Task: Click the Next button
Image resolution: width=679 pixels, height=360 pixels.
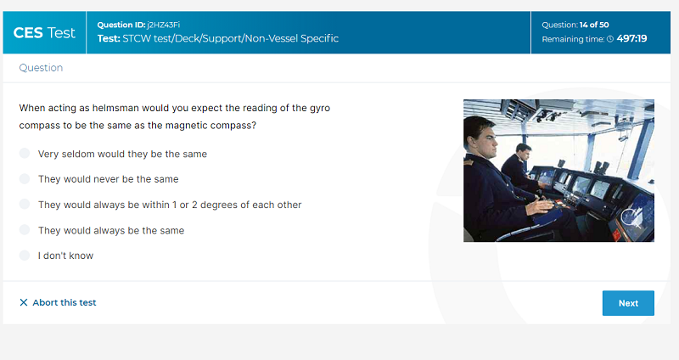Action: pos(628,303)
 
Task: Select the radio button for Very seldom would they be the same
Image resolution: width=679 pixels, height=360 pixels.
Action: pos(25,154)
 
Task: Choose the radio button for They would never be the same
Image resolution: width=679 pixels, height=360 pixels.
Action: pos(25,178)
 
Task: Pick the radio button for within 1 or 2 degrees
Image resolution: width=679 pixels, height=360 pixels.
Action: pos(25,204)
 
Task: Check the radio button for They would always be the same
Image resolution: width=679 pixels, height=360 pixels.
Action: pos(25,229)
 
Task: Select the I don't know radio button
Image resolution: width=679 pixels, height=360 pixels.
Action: pos(25,256)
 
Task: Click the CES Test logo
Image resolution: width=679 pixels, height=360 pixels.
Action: pos(44,32)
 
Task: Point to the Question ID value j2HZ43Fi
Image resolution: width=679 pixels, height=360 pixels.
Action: pos(163,25)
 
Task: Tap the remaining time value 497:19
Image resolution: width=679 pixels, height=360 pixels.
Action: pos(631,38)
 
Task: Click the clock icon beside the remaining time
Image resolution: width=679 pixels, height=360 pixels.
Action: pos(610,39)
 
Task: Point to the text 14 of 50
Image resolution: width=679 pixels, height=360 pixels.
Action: pos(594,25)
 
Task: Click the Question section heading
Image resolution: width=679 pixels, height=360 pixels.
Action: pos(41,68)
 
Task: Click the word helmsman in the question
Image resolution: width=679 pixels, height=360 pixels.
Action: pos(115,108)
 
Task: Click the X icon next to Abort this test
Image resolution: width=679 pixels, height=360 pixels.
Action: pos(24,302)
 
